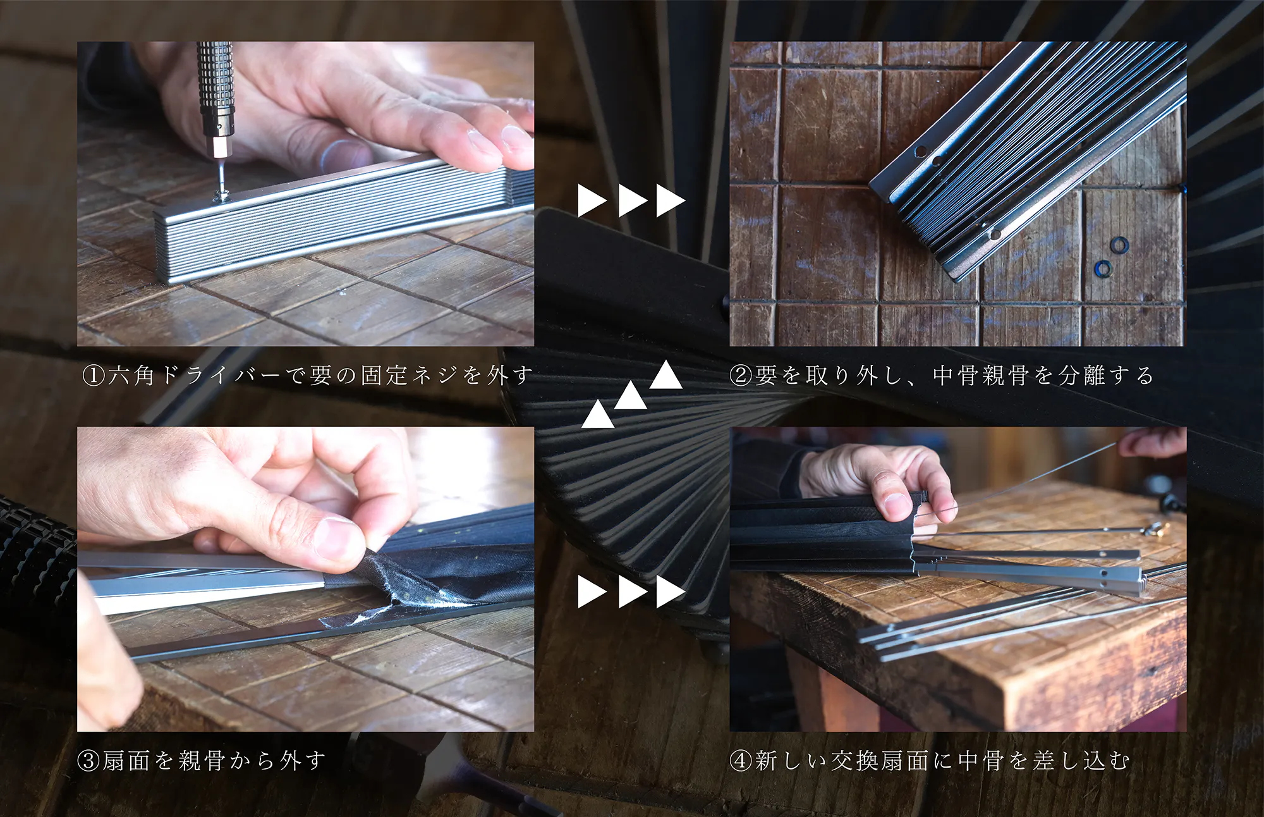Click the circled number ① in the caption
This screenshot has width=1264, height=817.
click(93, 376)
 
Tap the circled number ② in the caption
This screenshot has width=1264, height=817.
click(740, 376)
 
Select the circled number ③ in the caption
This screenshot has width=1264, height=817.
click(88, 760)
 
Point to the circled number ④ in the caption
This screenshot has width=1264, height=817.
click(740, 760)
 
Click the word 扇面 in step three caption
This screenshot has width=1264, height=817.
click(126, 760)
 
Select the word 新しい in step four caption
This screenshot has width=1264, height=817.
click(791, 760)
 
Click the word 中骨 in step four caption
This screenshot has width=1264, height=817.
click(980, 760)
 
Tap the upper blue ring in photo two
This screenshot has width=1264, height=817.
click(1119, 244)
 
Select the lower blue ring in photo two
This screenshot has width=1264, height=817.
click(1103, 269)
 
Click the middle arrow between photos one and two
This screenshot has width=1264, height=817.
click(632, 200)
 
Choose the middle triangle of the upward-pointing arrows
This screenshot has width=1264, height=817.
click(631, 395)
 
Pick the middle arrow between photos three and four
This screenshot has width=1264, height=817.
click(632, 591)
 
